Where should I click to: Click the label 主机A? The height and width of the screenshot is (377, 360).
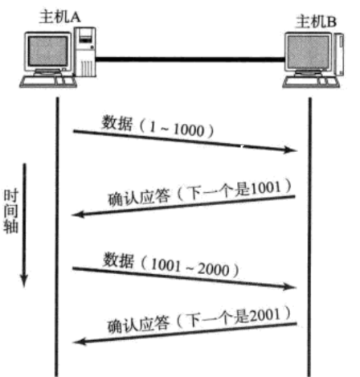tap(59, 17)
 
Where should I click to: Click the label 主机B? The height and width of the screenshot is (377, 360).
tap(316, 22)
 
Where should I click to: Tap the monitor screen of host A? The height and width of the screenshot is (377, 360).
tap(48, 51)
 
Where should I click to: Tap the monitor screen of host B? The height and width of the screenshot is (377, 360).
tap(308, 52)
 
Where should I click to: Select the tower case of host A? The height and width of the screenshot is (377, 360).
tap(85, 52)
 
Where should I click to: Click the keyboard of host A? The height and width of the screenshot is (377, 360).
tap(48, 82)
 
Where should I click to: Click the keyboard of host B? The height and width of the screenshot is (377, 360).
tap(311, 82)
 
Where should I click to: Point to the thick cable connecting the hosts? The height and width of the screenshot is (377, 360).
tap(190, 59)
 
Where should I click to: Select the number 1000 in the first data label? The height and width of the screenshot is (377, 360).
tap(189, 130)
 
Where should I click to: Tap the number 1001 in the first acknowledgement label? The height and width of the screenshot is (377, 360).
tap(266, 188)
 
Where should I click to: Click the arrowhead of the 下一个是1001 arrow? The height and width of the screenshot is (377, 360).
tap(78, 215)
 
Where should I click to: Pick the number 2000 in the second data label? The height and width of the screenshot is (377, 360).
tap(214, 269)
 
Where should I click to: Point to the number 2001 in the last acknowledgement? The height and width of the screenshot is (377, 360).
tap(265, 316)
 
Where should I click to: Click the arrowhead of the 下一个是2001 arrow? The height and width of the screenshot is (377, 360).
tap(80, 342)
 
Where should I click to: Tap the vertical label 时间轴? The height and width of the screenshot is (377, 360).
tap(11, 211)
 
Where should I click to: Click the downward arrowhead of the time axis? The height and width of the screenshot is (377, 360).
tap(24, 281)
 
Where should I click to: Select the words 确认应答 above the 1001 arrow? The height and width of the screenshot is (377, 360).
tap(139, 199)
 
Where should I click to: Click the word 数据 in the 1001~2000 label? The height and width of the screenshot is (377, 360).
tap(119, 260)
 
